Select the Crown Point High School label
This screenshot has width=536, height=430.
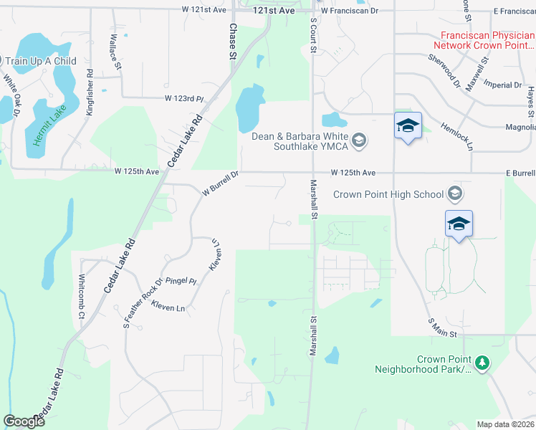pos(388,194)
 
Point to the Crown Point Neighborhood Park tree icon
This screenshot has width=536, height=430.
pos(482,363)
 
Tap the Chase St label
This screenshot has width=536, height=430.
pos(233,40)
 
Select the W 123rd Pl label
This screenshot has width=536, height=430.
pos(184,98)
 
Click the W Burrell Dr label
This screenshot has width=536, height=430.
pos(220,183)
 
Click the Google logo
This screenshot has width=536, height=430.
pos(24,421)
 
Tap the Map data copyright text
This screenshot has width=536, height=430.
pos(506,424)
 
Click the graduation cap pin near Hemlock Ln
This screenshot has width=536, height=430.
pos(408,126)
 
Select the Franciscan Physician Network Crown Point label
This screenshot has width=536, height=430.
pos(487,39)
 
